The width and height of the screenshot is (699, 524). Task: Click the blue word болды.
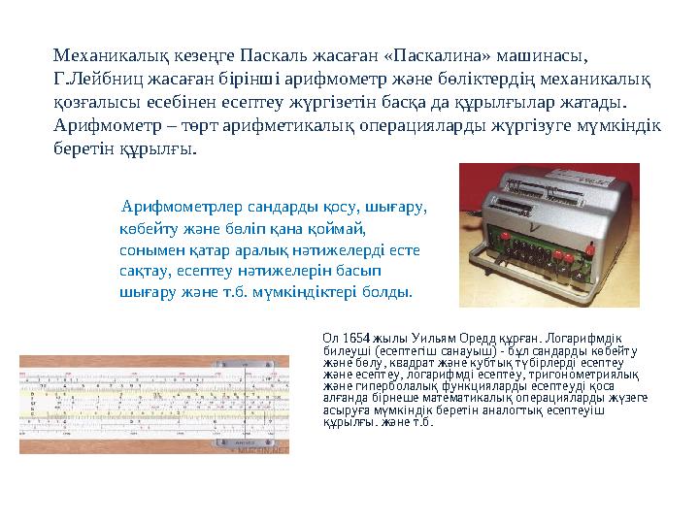click(388, 290)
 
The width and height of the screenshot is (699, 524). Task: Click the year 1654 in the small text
click(357, 340)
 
